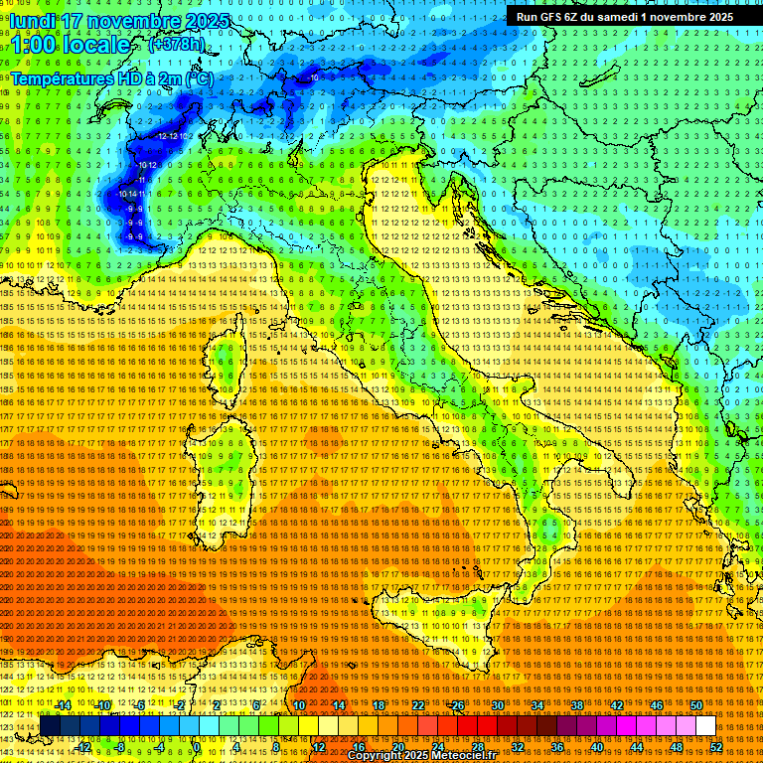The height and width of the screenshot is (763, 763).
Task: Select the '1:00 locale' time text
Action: [x=70, y=45]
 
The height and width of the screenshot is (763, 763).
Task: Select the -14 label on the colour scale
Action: [x=62, y=704]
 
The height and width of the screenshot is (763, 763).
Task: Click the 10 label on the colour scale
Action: [x=298, y=704]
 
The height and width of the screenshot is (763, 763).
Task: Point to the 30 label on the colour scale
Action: [x=498, y=704]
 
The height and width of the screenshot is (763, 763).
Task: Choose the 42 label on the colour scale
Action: [x=616, y=704]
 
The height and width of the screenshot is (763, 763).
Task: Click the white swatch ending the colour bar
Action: [x=705, y=725]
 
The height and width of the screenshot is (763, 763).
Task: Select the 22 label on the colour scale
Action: [x=418, y=704]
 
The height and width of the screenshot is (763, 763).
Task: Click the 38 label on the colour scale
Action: [x=576, y=704]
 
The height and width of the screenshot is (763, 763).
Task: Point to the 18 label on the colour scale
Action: [x=379, y=704]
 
